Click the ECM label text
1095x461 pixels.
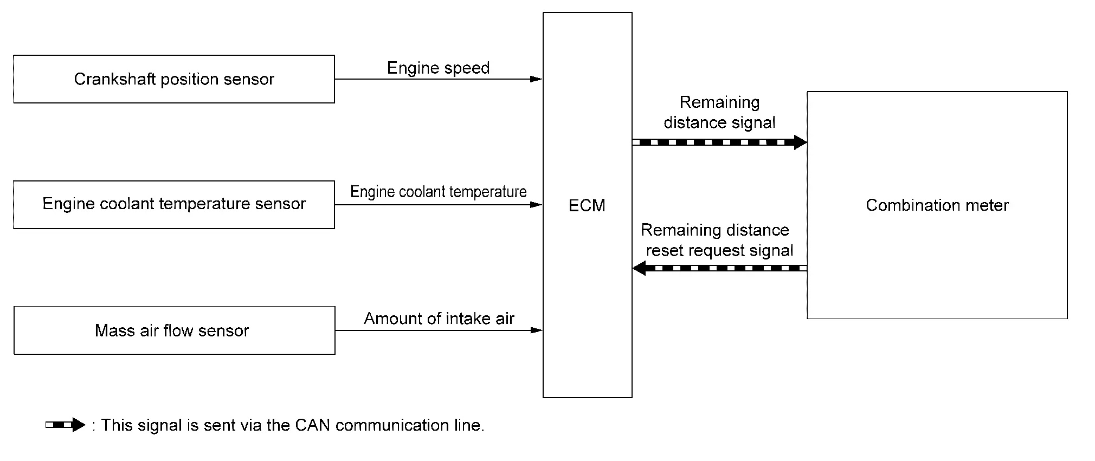click(587, 205)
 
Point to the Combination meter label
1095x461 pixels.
click(937, 205)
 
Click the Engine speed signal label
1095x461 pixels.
click(439, 68)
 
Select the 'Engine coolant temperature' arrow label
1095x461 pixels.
click(439, 192)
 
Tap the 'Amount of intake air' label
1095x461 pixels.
click(439, 319)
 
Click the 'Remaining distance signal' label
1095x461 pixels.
click(720, 112)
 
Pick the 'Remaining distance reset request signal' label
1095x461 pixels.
click(717, 240)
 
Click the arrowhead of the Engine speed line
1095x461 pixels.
click(536, 79)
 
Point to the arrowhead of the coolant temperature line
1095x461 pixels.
click(536, 205)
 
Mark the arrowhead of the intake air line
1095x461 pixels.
click(536, 330)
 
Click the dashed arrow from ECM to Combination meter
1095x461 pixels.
click(719, 142)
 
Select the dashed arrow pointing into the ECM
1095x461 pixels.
click(719, 268)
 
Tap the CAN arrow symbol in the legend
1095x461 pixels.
click(66, 425)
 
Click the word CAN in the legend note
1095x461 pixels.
click(313, 425)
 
